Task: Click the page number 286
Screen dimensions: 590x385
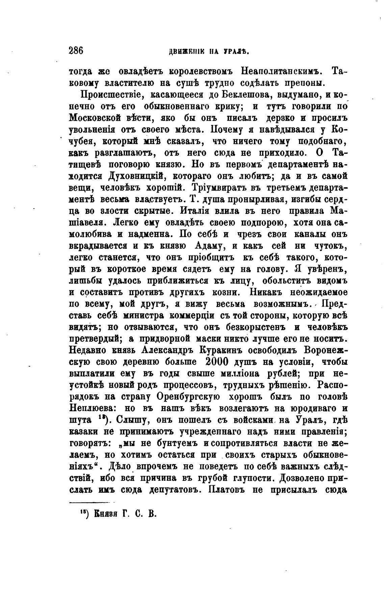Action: point(76,51)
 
